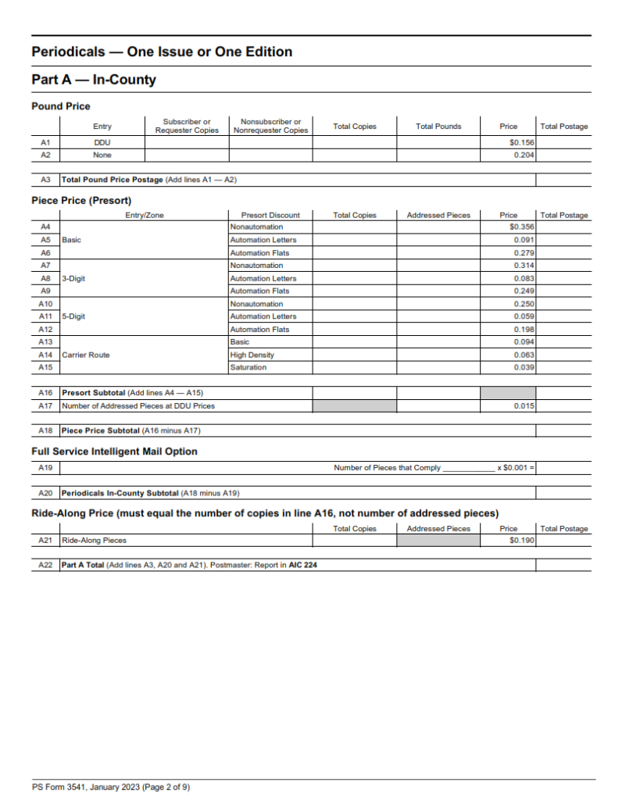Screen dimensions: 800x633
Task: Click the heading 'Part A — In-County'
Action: point(94,80)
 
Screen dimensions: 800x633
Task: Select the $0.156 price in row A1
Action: point(521,143)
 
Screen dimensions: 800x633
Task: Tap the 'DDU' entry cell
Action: point(102,143)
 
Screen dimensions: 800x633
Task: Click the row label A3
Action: point(45,180)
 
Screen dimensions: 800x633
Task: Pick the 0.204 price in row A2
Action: point(524,155)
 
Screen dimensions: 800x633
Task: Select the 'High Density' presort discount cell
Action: point(252,355)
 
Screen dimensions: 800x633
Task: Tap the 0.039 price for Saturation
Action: point(524,367)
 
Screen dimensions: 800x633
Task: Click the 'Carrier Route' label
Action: point(85,355)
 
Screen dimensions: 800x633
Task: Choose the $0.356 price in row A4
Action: point(521,227)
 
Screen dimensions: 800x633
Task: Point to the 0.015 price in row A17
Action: point(524,405)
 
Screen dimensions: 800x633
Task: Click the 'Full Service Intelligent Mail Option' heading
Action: point(114,452)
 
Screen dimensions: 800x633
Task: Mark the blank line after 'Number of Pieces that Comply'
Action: point(468,469)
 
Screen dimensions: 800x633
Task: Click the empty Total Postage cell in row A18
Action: point(564,430)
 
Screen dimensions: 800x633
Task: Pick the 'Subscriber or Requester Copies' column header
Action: point(187,126)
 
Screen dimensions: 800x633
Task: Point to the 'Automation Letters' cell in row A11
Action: point(263,316)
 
